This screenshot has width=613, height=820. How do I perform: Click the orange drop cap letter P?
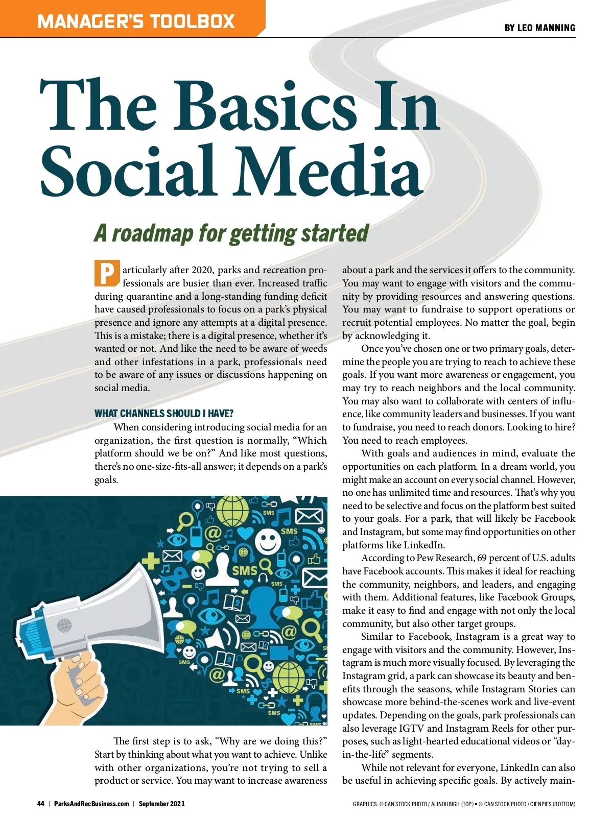click(107, 273)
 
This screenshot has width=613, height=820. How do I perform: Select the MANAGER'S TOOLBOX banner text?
click(136, 21)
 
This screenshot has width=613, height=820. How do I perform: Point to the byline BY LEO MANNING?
click(539, 28)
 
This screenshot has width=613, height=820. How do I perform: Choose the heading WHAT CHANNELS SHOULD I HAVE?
click(164, 414)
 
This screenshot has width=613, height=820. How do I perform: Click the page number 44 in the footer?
click(41, 804)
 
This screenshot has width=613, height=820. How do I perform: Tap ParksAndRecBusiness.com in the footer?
click(91, 804)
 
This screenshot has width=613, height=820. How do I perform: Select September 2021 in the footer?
click(161, 804)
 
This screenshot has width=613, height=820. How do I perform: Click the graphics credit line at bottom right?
click(464, 804)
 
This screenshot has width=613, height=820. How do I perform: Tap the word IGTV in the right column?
click(411, 728)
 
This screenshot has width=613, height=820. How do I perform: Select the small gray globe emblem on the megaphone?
click(64, 625)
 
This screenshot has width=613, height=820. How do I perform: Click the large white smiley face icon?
click(268, 542)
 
